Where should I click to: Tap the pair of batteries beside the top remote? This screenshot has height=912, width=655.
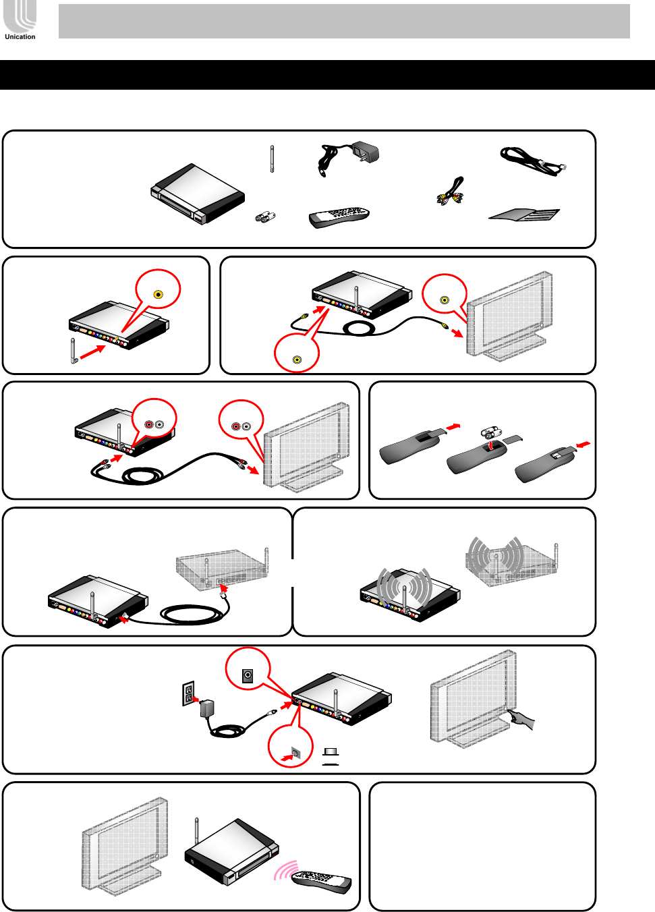265,217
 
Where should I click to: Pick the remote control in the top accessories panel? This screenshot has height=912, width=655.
339,217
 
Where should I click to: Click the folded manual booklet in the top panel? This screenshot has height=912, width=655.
525,215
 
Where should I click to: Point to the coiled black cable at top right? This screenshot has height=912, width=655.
533,161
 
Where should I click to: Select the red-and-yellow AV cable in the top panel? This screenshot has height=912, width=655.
451,192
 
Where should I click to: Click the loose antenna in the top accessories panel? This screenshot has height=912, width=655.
271,159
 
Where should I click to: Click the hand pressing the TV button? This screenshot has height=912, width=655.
523,720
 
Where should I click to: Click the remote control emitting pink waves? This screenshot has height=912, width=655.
321,880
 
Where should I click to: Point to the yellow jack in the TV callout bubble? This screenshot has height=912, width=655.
445,300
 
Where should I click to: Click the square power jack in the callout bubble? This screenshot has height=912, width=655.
248,675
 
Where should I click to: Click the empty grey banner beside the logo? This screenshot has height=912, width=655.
344,21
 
